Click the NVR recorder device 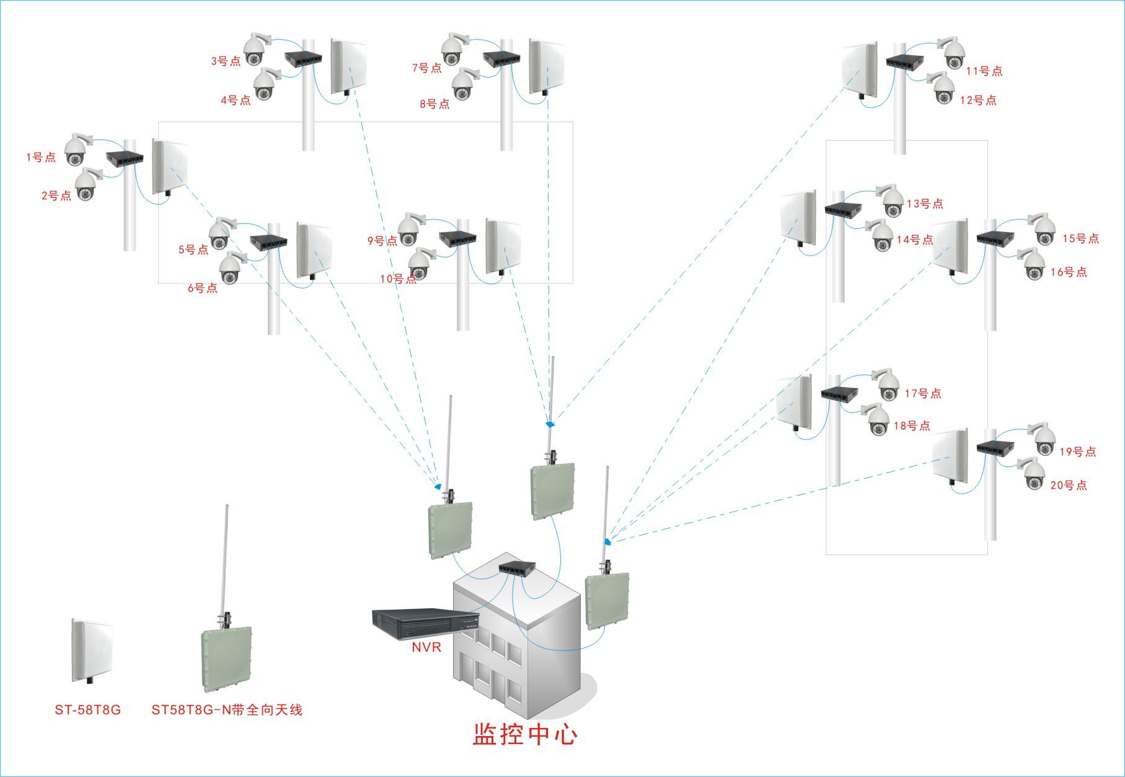pos(424,623)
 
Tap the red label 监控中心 pos(525,735)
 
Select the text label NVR pos(426,647)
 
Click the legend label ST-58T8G pos(87,710)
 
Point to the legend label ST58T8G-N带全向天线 pos(227,710)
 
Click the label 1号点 pos(41,158)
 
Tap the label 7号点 pos(427,68)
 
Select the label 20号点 pos(1069,486)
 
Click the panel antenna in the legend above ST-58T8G pos(91,649)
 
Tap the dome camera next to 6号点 pos(231,269)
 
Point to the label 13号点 pos(925,203)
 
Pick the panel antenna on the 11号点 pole pos(860,69)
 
